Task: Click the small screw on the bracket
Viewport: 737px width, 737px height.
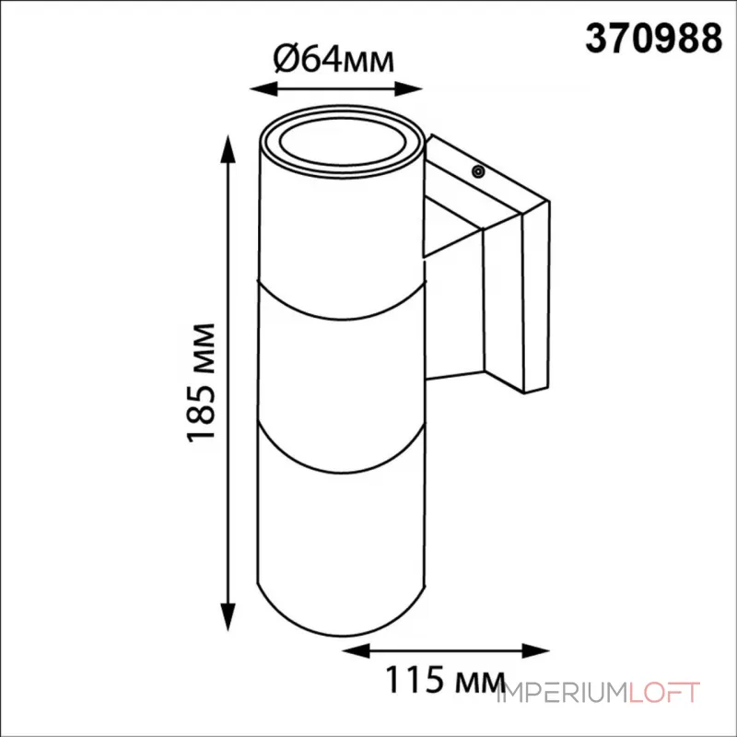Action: [478, 170]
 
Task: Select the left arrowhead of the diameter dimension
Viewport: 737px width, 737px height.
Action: [261, 89]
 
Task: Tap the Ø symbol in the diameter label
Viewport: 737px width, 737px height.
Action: [284, 61]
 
